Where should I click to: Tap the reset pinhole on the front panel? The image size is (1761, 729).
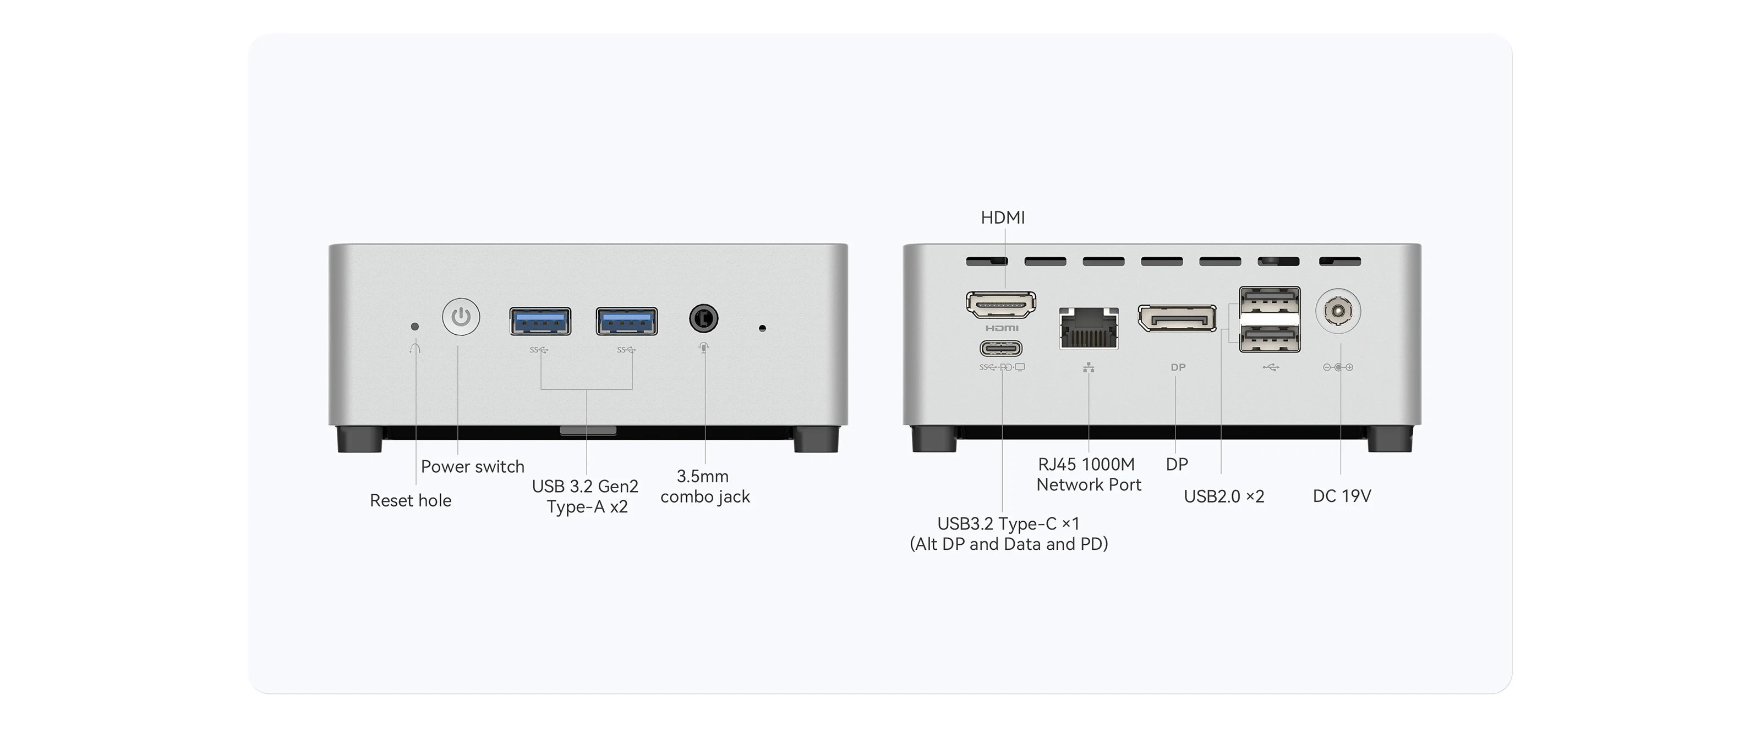point(414,327)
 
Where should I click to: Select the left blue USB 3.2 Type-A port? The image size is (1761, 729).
point(540,321)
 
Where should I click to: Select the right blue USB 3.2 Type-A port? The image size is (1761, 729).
point(627,321)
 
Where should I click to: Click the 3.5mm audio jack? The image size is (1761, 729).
point(703,318)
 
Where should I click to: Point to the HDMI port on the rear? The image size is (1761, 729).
point(1001,305)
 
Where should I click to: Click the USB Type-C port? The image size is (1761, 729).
point(1002,349)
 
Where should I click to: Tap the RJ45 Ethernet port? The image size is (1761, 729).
point(1089,329)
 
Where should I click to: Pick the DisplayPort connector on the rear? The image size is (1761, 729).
point(1177,318)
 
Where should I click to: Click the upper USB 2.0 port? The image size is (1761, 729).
point(1270,301)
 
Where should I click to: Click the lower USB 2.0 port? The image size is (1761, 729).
point(1270,338)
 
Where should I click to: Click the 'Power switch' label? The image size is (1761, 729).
point(472,467)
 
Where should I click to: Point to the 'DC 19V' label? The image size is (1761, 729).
point(1342,496)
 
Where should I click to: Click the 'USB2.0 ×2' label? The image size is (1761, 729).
point(1224,496)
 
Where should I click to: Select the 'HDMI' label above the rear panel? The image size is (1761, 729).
point(1003,217)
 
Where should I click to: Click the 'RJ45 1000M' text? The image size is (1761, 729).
point(1086,465)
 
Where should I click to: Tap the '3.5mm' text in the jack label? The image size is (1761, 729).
point(703,476)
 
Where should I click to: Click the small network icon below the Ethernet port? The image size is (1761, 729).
point(1089,368)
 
